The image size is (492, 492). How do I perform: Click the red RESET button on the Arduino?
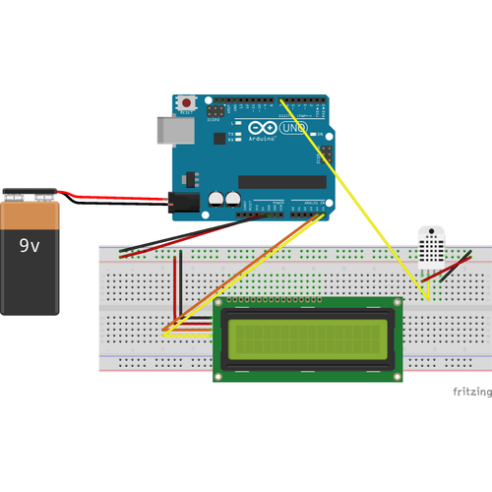[186, 102]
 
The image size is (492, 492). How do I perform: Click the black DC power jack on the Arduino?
[182, 202]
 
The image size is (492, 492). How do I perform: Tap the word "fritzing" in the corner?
[471, 392]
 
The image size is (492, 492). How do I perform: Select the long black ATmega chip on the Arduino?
[281, 181]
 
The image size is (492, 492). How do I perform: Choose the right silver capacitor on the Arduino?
[233, 198]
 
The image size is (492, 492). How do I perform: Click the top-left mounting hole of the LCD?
[220, 304]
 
